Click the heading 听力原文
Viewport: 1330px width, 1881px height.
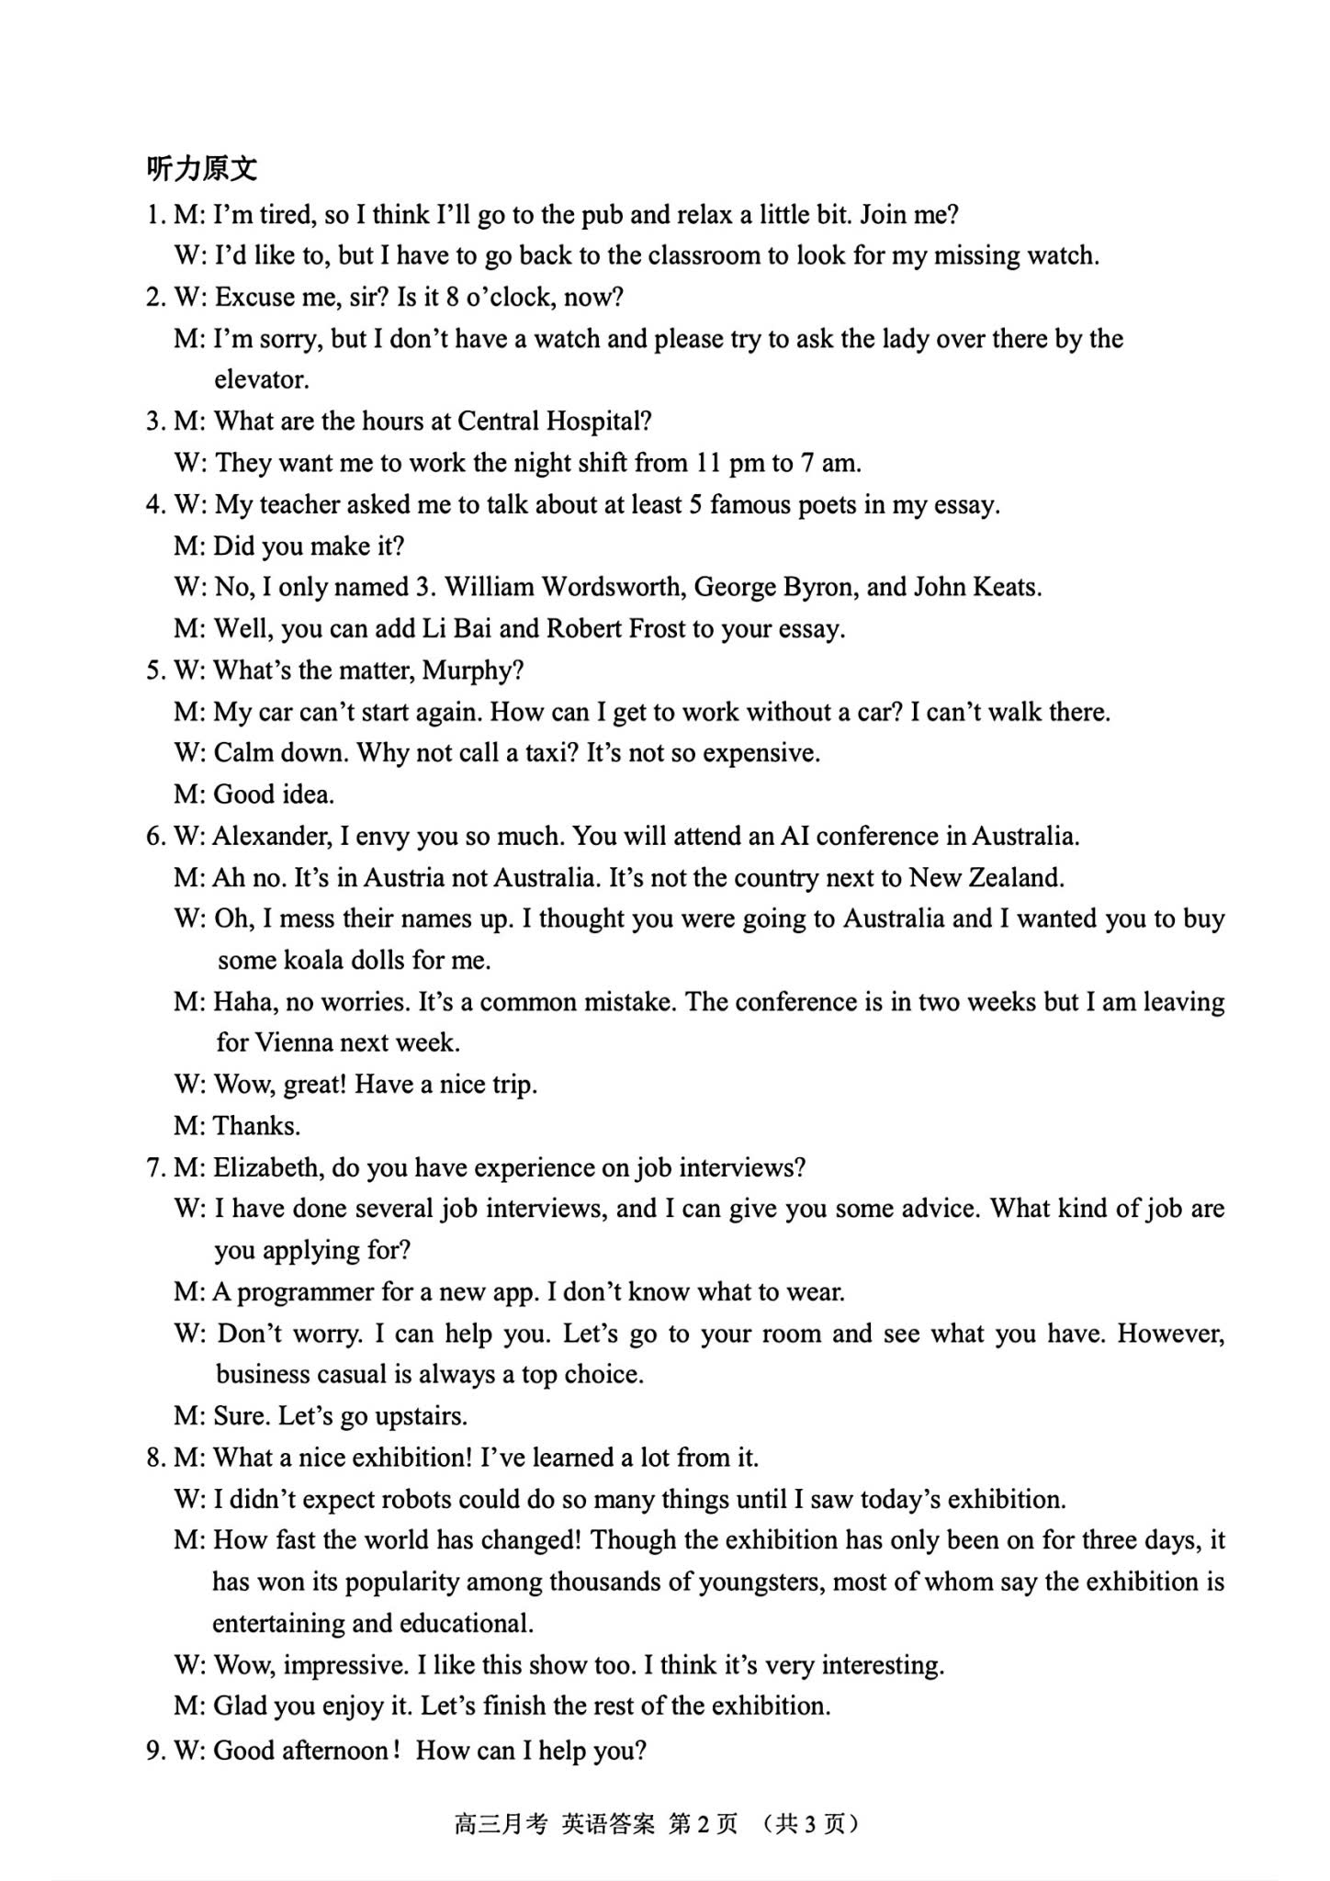tap(202, 169)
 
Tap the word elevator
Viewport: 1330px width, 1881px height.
tap(261, 379)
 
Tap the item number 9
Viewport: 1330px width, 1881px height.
tap(153, 1751)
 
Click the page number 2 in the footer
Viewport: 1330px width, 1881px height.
tap(703, 1824)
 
